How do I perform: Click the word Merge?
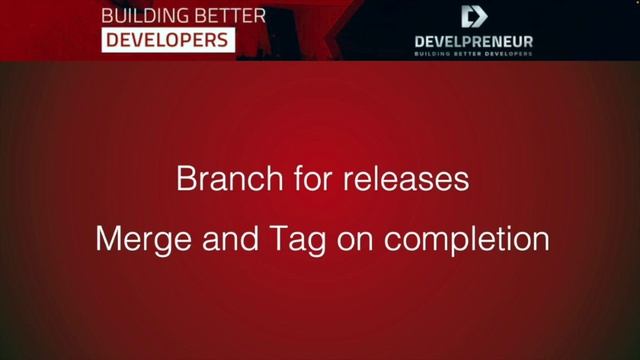pos(135,241)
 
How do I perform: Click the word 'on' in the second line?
pos(356,241)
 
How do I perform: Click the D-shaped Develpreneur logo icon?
pos(473,16)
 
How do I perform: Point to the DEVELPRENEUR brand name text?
pos(473,42)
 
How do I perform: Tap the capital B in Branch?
pos(185,180)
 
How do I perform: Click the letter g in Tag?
pos(313,244)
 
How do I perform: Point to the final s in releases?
pos(462,181)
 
